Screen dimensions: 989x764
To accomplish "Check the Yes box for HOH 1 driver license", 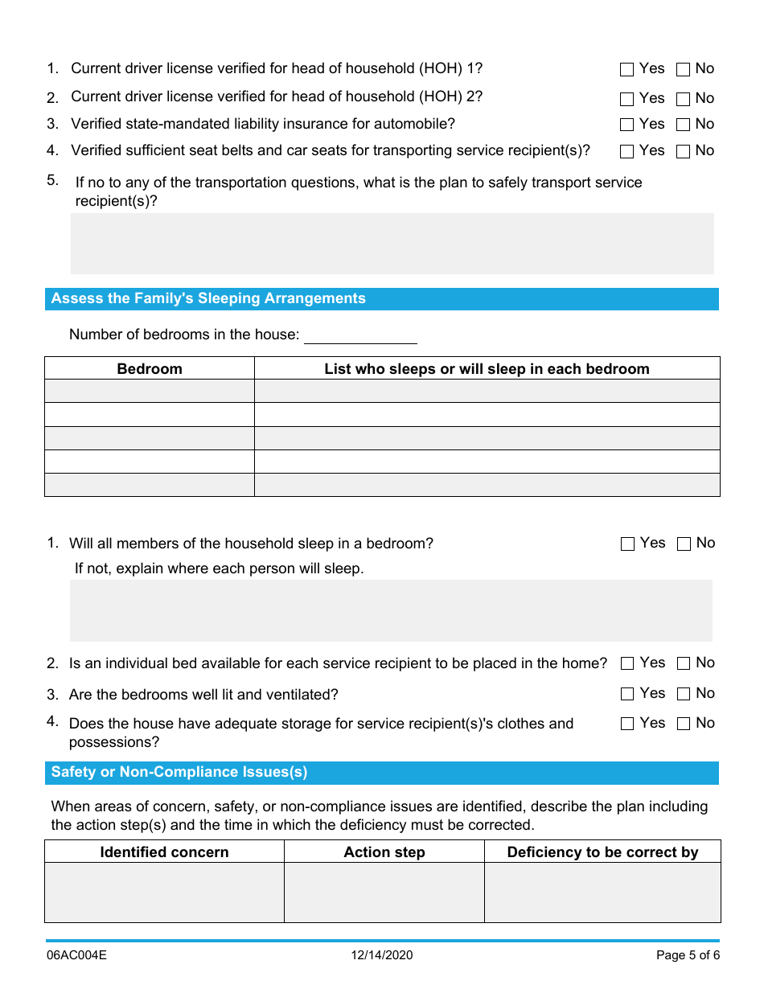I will (627, 70).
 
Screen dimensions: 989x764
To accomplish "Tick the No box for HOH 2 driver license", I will (684, 100).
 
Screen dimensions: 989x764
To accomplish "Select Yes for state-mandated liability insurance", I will (627, 125).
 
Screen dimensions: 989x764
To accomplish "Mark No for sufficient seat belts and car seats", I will (684, 151).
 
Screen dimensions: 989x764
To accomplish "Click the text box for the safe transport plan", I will (392, 244).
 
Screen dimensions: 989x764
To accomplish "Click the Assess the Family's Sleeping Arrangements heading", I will (208, 298).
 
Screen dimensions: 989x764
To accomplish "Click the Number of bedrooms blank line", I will (360, 334).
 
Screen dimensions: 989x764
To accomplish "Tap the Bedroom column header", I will (150, 369).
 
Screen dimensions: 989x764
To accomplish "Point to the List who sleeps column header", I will (487, 369).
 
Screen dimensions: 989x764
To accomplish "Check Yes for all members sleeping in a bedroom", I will (628, 544).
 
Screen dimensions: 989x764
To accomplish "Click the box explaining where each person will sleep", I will (391, 610).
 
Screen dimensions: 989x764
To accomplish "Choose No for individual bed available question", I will (684, 664).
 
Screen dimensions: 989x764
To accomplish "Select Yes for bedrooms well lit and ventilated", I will (628, 694).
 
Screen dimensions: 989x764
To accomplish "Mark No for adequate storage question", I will (684, 724).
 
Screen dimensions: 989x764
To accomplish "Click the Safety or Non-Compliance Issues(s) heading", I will (179, 773).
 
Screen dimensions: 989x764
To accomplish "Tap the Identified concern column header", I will (164, 852).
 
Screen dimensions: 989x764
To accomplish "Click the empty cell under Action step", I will (384, 893).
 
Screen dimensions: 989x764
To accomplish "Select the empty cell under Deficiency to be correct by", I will (602, 893).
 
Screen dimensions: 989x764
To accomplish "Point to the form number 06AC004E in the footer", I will (76, 955).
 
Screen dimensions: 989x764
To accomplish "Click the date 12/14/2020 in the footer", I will (382, 955).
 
